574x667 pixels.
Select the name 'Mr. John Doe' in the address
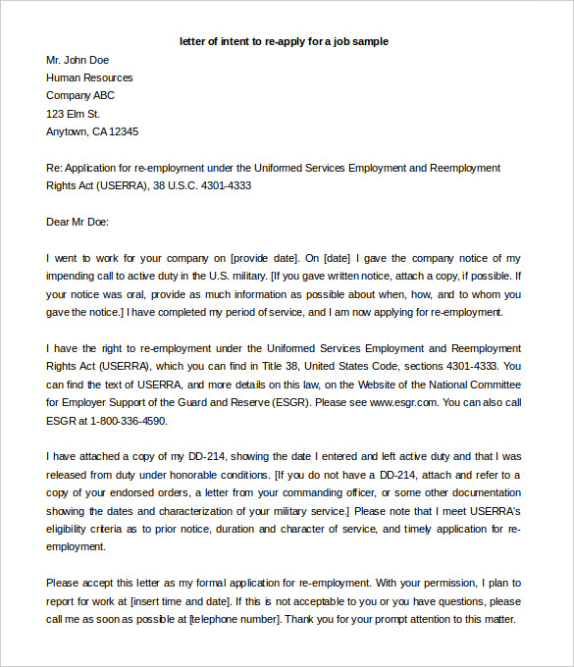78,60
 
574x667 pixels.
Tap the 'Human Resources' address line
89,77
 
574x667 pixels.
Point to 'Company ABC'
80,95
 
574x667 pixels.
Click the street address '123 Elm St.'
74,114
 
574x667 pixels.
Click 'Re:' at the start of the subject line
55,168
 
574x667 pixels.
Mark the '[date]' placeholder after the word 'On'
339,258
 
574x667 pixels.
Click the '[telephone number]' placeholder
234,619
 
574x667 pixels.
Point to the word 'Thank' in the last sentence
301,619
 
